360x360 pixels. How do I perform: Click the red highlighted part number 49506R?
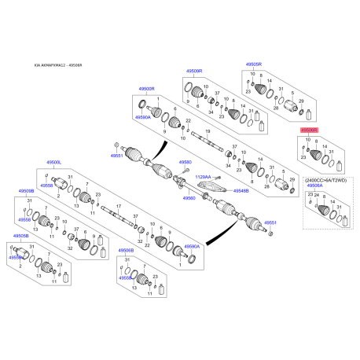click(309, 130)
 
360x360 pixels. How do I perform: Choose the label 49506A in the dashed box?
click(314, 186)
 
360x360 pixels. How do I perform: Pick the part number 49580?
click(186, 162)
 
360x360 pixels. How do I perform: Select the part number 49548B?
click(241, 191)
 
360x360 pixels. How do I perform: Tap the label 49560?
click(189, 198)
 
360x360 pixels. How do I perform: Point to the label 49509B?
click(27, 191)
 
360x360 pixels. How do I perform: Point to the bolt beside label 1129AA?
click(222, 178)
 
